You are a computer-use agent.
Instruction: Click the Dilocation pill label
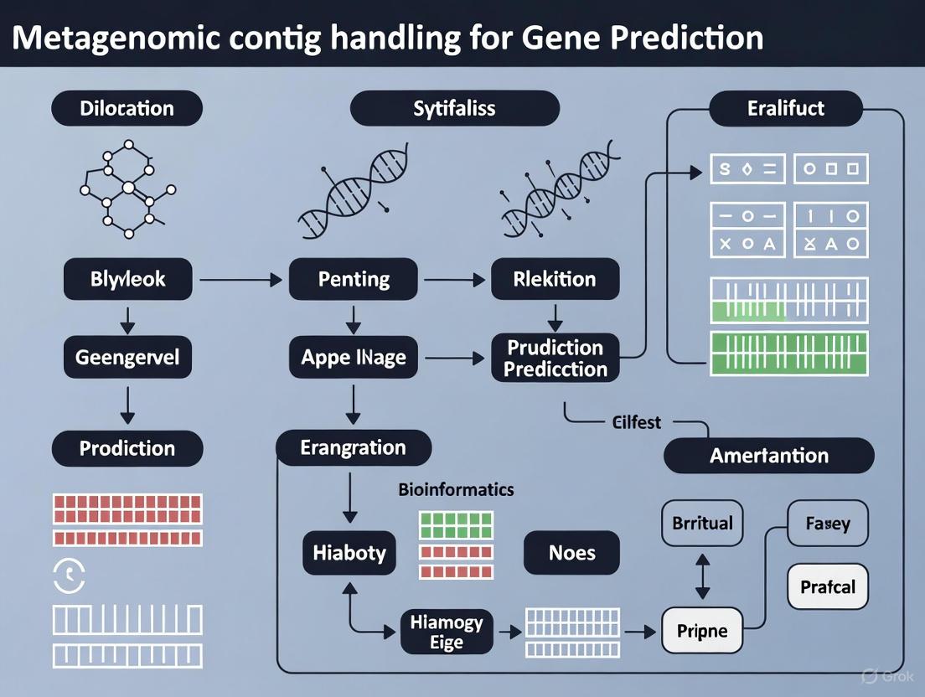click(x=127, y=108)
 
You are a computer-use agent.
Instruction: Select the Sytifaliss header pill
click(x=454, y=108)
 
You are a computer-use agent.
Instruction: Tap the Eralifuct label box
click(x=786, y=108)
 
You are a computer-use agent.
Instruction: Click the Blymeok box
click(x=127, y=279)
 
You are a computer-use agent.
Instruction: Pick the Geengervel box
click(x=127, y=358)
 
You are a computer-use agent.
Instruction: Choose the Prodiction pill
click(x=127, y=448)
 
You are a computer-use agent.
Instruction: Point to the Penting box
click(x=354, y=279)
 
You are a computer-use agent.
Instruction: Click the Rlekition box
click(x=554, y=279)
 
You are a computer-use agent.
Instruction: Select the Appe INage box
click(x=354, y=358)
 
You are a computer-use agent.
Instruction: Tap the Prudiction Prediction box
click(x=555, y=359)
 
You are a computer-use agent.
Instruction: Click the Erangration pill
click(x=353, y=448)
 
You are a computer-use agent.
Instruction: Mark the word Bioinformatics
click(x=456, y=489)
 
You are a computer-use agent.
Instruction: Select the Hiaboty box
click(x=349, y=553)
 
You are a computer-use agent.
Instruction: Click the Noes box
click(x=571, y=553)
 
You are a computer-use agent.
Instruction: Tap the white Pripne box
click(x=702, y=631)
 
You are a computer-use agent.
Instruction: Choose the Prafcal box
click(x=828, y=586)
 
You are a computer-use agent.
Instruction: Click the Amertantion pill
click(x=768, y=457)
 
